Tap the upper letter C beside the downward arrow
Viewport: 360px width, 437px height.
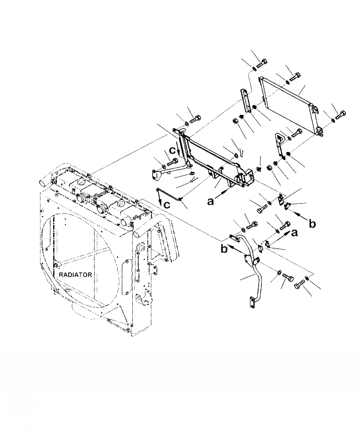click(172, 150)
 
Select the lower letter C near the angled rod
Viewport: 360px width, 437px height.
click(167, 205)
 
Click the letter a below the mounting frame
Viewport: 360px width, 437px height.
click(210, 201)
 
